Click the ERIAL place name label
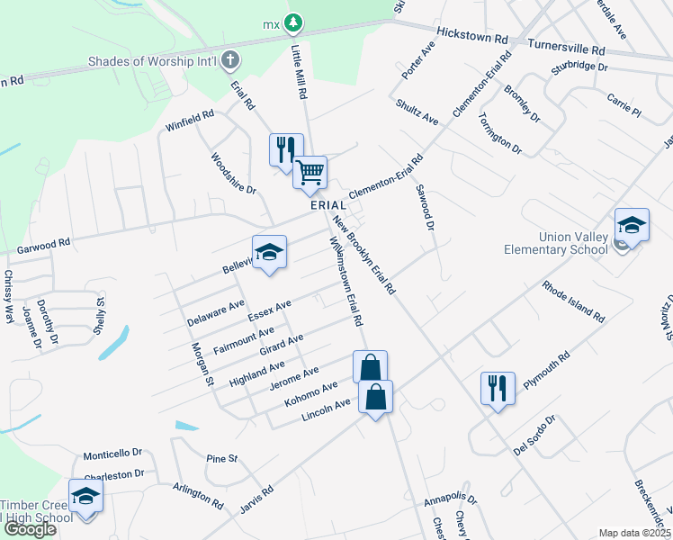[x=328, y=205]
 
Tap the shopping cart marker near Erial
[x=310, y=172]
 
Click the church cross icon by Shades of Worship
[x=230, y=62]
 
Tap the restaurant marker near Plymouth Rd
[x=498, y=389]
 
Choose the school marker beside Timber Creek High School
[x=85, y=497]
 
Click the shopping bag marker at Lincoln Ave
[x=376, y=397]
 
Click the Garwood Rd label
[x=43, y=245]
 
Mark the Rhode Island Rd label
[x=572, y=301]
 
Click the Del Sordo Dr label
[x=536, y=435]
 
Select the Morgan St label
[x=201, y=364]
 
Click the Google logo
[x=30, y=529]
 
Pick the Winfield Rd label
[x=190, y=121]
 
